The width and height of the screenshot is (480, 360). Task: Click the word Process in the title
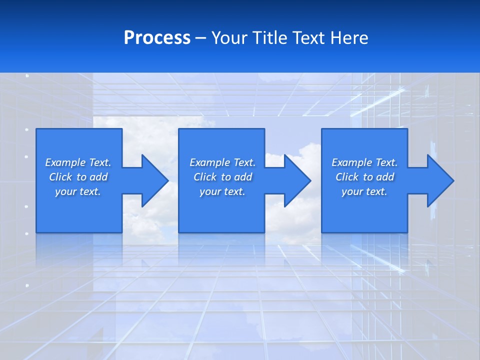[x=157, y=38]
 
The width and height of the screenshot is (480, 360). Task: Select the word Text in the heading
[x=309, y=38]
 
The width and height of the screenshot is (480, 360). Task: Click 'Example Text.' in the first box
[x=78, y=162]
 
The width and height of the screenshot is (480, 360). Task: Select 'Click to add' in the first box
[x=78, y=177]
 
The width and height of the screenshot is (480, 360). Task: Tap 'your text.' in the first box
[x=78, y=191]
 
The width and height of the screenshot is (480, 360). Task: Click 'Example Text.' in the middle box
[x=222, y=162]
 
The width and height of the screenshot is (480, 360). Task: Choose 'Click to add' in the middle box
[x=222, y=177]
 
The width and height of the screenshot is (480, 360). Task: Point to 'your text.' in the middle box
[x=222, y=191]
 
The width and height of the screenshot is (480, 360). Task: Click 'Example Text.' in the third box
[x=364, y=162]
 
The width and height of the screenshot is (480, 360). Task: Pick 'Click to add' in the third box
[x=364, y=177]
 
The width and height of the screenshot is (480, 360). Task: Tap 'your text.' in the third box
[x=364, y=191]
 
